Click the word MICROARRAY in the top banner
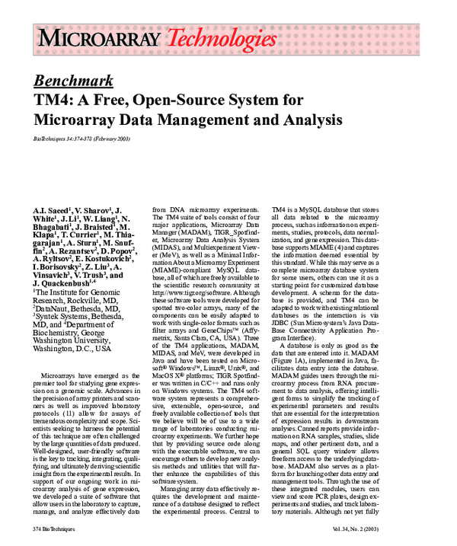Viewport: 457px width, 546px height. [100, 37]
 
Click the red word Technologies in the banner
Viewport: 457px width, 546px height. [222, 37]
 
